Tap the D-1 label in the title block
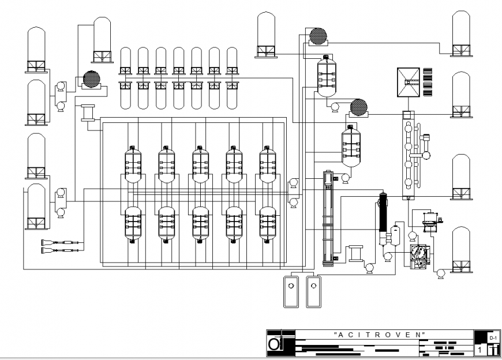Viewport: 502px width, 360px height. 492,336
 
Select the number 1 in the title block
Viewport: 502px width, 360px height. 479,350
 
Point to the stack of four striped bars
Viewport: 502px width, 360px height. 428,83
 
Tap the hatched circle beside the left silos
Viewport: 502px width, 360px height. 91,78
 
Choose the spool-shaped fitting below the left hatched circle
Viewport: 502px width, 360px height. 88,112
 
